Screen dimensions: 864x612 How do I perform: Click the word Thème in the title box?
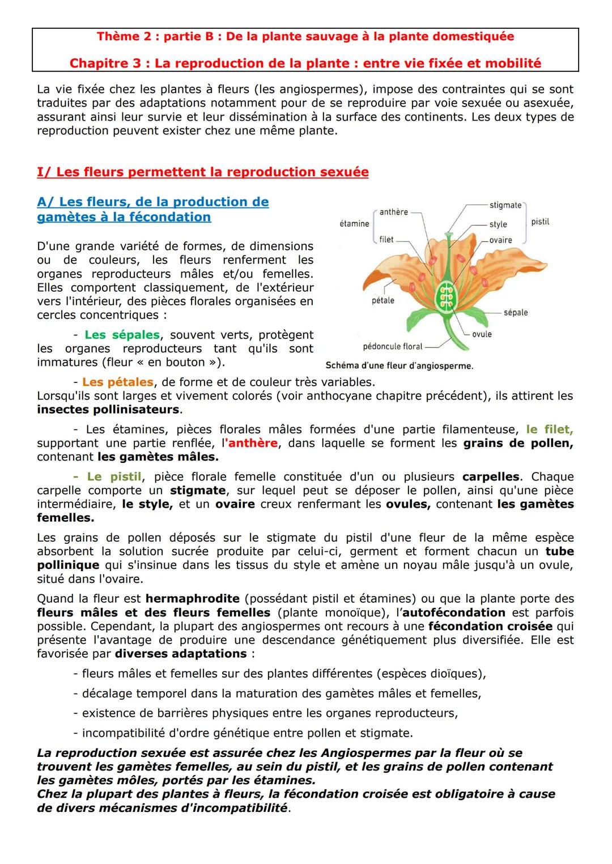(117, 37)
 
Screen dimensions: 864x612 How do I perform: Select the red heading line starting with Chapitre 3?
(305, 63)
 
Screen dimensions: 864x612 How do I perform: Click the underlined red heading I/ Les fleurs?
(202, 172)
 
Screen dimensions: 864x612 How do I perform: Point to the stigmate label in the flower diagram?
(505, 205)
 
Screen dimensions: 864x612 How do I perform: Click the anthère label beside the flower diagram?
(393, 212)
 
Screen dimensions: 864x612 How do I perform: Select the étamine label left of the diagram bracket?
(354, 224)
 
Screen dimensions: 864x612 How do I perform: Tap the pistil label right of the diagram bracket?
(540, 222)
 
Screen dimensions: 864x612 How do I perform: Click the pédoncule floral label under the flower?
(393, 346)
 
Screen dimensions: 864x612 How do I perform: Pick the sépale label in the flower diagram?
(515, 312)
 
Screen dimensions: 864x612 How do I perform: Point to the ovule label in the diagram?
(482, 334)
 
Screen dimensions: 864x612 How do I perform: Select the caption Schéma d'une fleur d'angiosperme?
(399, 366)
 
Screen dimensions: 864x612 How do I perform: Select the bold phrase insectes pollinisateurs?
(108, 409)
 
